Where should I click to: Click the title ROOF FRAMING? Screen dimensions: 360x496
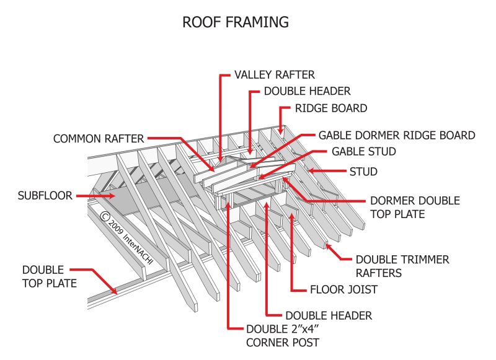pyautogui.click(x=236, y=22)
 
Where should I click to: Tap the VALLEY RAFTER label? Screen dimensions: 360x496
pyautogui.click(x=274, y=75)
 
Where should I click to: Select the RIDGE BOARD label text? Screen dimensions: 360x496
pyautogui.click(x=330, y=108)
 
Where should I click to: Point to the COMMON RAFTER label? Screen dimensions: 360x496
pyautogui.click(x=99, y=139)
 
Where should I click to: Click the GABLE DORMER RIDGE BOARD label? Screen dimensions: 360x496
pyautogui.click(x=397, y=135)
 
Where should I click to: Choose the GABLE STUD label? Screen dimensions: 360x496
pyautogui.click(x=363, y=152)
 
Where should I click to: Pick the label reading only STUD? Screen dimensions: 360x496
pyautogui.click(x=363, y=171)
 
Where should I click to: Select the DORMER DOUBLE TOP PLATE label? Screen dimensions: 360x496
pyautogui.click(x=415, y=208)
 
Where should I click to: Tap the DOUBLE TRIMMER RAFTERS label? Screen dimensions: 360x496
pyautogui.click(x=402, y=266)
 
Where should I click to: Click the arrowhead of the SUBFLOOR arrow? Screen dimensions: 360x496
pyautogui.click(x=114, y=196)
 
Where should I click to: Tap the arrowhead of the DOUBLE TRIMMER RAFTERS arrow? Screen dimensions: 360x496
pyautogui.click(x=327, y=247)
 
